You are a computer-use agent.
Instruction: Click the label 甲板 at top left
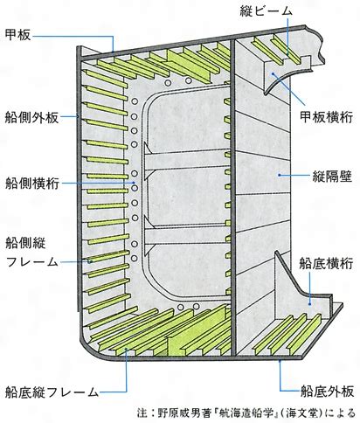17,35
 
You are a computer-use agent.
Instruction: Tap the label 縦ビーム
266,11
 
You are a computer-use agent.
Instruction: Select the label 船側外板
31,117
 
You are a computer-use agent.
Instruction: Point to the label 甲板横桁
327,117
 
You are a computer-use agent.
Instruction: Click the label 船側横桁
32,184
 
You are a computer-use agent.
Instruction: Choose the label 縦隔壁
332,177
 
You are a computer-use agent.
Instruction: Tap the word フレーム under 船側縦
32,261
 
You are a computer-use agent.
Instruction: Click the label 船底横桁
326,263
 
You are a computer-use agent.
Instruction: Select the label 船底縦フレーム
52,392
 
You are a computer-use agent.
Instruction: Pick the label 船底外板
327,391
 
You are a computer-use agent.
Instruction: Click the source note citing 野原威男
246,413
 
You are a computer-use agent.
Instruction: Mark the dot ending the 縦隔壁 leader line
279,175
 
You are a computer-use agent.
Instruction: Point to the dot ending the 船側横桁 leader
134,183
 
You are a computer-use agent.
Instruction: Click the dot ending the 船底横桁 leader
310,304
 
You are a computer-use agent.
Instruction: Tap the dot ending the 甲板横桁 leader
273,73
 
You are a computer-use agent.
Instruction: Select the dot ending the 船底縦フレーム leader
126,349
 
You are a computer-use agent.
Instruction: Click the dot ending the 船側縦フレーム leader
91,261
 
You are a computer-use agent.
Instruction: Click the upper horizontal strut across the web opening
186,160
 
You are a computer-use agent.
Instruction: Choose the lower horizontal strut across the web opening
186,234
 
